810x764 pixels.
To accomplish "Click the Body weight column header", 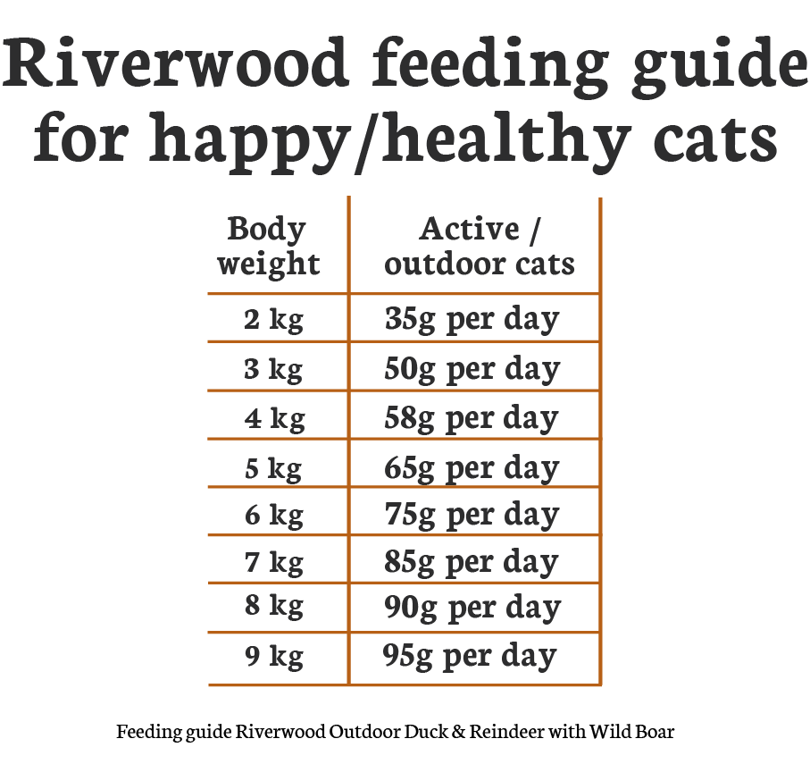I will click(x=267, y=247).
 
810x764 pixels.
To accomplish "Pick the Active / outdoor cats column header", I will click(x=480, y=247).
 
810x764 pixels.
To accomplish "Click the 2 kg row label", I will click(x=273, y=320).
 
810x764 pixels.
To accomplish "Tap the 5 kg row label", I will click(x=273, y=467).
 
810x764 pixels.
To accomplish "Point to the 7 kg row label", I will click(x=273, y=563).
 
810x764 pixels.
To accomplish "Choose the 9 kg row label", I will click(x=273, y=658).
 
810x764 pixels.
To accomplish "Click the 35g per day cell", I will click(x=472, y=320).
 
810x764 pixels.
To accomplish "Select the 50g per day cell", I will click(x=472, y=369).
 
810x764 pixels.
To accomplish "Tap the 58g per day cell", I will click(x=472, y=418).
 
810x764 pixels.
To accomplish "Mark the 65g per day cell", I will click(x=472, y=467).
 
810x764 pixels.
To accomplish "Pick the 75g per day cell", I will click(x=472, y=516).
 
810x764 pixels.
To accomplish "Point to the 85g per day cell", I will click(x=472, y=563).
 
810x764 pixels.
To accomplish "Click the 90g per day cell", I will click(x=472, y=609).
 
